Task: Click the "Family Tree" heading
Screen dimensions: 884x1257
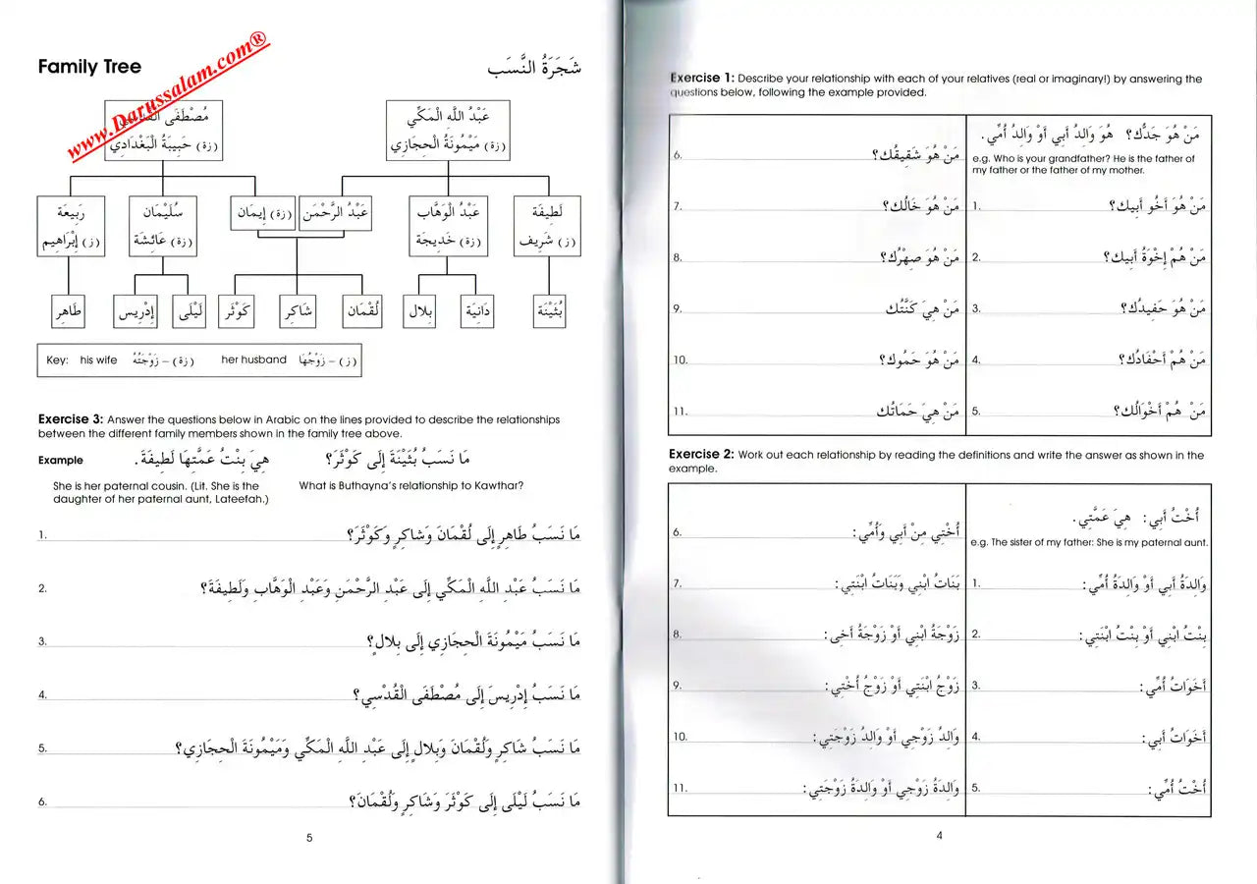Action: click(x=89, y=67)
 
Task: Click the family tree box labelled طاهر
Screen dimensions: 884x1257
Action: click(x=68, y=312)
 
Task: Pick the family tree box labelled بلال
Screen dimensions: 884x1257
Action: click(x=420, y=312)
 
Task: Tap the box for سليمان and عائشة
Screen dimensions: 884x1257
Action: click(x=162, y=226)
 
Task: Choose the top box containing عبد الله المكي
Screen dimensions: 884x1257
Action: click(x=448, y=130)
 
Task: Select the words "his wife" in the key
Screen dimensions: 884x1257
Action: click(x=98, y=360)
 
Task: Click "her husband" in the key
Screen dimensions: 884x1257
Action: click(x=253, y=360)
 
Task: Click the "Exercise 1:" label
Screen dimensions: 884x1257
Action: click(x=701, y=78)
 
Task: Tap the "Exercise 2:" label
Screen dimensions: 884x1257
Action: click(x=700, y=455)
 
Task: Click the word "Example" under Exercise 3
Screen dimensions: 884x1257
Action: click(x=61, y=460)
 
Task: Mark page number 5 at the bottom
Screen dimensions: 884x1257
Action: click(x=309, y=838)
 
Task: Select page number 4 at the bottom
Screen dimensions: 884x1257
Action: click(x=939, y=836)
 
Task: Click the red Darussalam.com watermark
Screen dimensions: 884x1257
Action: click(x=167, y=96)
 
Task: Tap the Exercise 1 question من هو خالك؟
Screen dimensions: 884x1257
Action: click(x=918, y=206)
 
